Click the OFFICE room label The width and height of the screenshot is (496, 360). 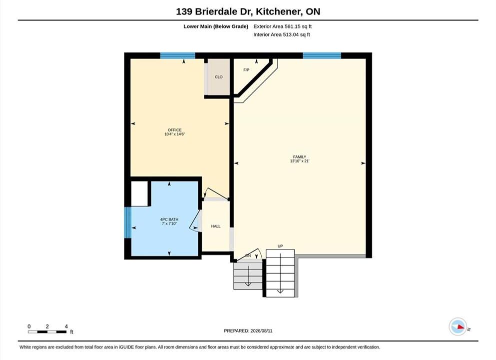[x=175, y=130]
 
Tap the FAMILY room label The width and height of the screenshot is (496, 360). [x=300, y=156]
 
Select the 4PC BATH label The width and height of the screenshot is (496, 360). [x=169, y=219]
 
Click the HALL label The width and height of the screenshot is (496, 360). [x=216, y=226]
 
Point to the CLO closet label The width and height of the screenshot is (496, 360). [x=219, y=77]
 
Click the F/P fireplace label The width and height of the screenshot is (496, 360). [x=246, y=69]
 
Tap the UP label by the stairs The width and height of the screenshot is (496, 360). [x=280, y=246]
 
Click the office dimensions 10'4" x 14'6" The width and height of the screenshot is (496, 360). [x=175, y=134]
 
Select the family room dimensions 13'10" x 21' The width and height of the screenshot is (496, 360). [x=300, y=161]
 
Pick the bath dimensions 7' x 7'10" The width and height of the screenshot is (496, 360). [x=169, y=223]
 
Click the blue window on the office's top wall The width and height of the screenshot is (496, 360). [x=177, y=55]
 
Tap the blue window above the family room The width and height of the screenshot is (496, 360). [x=322, y=55]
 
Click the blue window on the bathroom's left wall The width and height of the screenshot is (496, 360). [x=127, y=222]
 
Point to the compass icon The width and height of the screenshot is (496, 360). [x=458, y=326]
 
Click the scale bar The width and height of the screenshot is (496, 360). [x=47, y=332]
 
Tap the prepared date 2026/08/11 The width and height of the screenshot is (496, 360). [x=261, y=331]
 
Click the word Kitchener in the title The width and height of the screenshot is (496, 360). [x=278, y=11]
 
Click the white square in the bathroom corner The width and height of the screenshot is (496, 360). [x=139, y=194]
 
